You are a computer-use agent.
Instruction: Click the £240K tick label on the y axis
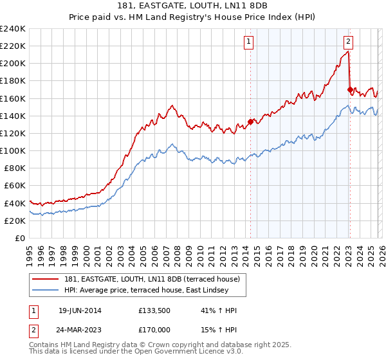point(13,29)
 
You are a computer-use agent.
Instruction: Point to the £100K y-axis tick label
point(13,150)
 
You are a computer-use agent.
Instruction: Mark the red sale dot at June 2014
point(250,122)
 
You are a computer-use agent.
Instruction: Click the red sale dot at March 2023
point(349,89)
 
